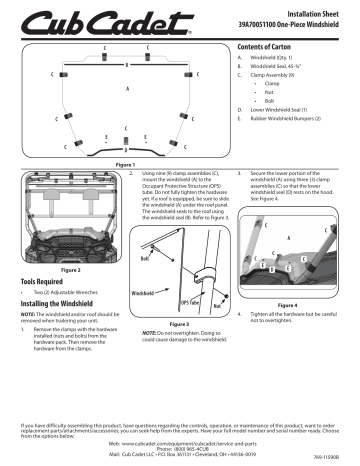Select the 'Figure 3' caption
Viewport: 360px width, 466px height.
(179, 323)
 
